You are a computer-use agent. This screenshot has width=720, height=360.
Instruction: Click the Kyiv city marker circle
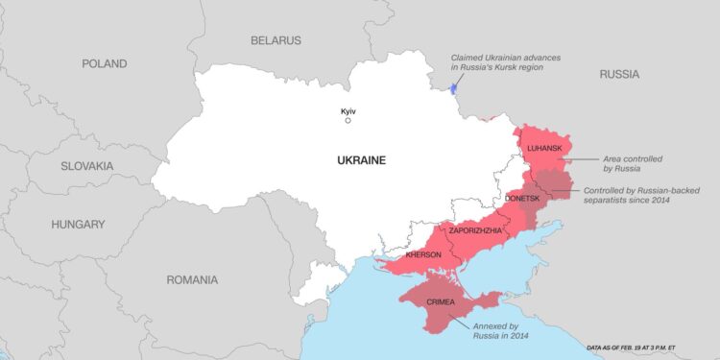pyautogui.click(x=348, y=121)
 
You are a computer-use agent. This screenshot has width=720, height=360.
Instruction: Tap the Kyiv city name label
pyautogui.click(x=348, y=111)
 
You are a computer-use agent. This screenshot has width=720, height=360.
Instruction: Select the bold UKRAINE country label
pyautogui.click(x=360, y=160)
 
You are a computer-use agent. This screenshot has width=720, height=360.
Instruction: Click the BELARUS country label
pyautogui.click(x=276, y=40)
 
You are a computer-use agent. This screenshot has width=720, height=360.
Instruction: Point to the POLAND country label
pyautogui.click(x=104, y=63)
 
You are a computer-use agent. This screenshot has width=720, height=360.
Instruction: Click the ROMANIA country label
pyautogui.click(x=191, y=280)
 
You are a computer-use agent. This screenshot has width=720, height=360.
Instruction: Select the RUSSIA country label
pyautogui.click(x=619, y=74)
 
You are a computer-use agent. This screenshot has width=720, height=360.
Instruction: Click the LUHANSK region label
pyautogui.click(x=545, y=150)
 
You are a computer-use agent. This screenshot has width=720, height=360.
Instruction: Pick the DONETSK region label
pyautogui.click(x=523, y=198)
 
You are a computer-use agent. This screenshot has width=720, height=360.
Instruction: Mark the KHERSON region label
pyautogui.click(x=423, y=255)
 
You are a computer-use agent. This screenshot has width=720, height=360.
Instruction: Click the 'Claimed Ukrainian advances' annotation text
pyautogui.click(x=506, y=63)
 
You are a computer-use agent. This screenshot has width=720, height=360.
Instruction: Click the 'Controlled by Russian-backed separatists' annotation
pyautogui.click(x=648, y=197)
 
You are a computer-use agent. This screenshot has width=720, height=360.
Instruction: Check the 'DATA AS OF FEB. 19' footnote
pyautogui.click(x=645, y=348)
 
